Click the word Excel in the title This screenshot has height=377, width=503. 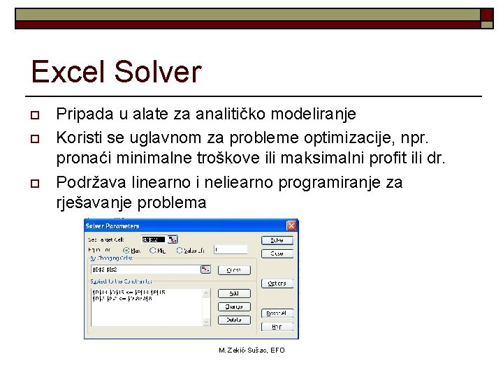65,72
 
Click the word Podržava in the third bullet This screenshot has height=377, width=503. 87,183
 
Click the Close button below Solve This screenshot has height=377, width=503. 277,253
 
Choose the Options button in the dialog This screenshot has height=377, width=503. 277,283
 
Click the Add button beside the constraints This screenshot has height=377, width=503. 234,293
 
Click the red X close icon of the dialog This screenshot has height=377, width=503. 291,226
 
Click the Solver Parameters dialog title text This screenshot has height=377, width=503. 113,226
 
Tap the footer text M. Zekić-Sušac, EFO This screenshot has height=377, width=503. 251,350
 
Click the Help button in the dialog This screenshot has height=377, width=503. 277,326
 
